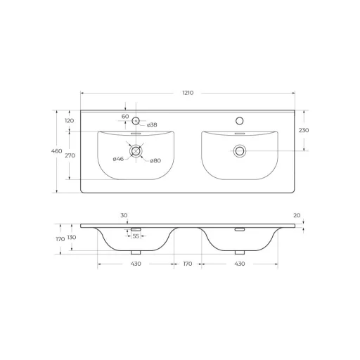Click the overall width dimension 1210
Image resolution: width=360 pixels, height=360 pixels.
[188, 93]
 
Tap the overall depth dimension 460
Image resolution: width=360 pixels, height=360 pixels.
[57, 151]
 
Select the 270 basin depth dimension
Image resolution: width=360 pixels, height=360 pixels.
[70, 155]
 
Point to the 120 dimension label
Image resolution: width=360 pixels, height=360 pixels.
[70, 121]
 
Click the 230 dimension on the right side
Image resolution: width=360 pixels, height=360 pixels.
[304, 130]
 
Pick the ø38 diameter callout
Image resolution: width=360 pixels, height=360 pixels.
[152, 125]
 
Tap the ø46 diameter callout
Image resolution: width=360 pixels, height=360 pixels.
[118, 159]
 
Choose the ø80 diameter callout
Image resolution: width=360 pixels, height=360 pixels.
[155, 160]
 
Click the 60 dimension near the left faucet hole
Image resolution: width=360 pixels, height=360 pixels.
[125, 117]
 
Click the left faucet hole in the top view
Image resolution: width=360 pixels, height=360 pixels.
[136, 121]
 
